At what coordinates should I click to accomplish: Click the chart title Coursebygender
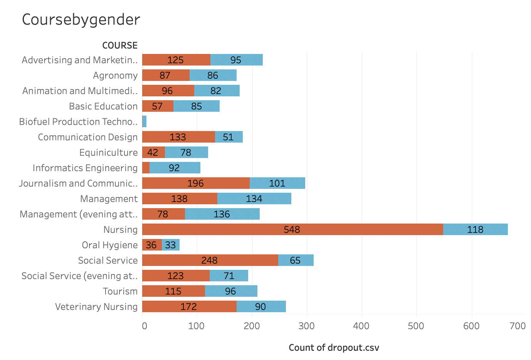[x=81, y=20]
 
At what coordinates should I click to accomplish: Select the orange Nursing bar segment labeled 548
[x=292, y=229]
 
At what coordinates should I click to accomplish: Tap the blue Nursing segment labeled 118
[x=475, y=229]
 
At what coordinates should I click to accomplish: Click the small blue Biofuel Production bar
[x=145, y=121]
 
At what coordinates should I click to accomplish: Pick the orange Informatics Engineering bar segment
[x=146, y=168]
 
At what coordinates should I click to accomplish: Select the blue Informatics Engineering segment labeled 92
[x=175, y=168]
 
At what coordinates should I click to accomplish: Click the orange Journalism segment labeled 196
[x=196, y=183]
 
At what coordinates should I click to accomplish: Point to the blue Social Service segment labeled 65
[x=296, y=260]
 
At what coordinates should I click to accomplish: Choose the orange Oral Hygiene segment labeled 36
[x=151, y=245]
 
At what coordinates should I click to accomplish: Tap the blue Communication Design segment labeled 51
[x=229, y=137]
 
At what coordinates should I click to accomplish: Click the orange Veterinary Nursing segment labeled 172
[x=189, y=306]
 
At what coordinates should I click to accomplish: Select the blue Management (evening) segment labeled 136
[x=222, y=214]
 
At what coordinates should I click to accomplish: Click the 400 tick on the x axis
[x=361, y=326]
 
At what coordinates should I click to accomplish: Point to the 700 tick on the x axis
[x=518, y=326]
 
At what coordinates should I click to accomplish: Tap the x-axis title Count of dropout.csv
[x=334, y=348]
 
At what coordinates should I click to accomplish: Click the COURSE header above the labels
[x=120, y=45]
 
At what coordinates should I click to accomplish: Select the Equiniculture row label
[x=108, y=153]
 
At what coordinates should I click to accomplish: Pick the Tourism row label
[x=120, y=291]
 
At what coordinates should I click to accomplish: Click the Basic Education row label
[x=103, y=106]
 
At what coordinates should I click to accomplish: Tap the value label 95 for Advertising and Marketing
[x=236, y=60]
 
